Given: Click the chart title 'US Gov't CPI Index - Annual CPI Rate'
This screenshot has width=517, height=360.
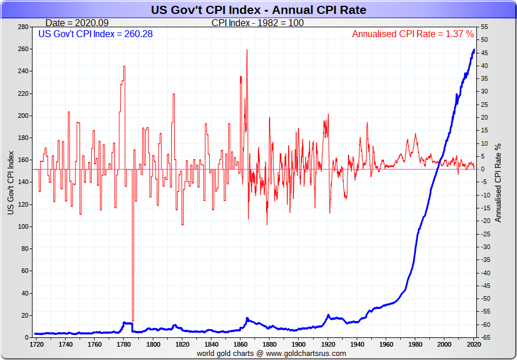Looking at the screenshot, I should pos(258,10).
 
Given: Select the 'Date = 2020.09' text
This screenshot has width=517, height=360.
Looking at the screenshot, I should pos(76,23).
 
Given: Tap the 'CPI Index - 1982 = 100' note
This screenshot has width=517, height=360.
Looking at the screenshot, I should pos(257,23).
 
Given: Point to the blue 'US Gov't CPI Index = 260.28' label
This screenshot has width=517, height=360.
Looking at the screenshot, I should pos(95,34).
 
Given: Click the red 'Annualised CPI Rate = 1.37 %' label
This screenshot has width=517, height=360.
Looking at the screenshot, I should pos(412,34).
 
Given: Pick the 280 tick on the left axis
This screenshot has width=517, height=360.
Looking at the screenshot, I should pos(23,27).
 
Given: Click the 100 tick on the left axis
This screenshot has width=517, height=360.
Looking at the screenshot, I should pos(23,226).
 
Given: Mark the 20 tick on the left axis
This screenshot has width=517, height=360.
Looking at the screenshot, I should pos(24,315).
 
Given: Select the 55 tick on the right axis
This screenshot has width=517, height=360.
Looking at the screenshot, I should pos(484,27).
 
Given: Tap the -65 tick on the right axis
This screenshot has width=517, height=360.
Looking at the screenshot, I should pos(483,337).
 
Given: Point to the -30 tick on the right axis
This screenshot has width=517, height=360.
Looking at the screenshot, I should pos(483,247).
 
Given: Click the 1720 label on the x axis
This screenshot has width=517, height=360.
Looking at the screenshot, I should pos(37,344).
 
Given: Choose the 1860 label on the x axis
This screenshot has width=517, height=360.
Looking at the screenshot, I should pos(240,344).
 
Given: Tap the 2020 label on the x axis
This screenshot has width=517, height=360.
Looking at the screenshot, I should pos(473,344).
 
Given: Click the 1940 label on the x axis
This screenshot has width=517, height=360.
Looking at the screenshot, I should pos(356,344).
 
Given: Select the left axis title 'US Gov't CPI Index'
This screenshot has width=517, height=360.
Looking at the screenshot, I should pos(10,182).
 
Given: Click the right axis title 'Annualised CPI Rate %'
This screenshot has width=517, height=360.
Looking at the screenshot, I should pos(498,182).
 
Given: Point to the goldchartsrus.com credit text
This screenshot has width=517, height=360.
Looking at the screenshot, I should pos(271,353).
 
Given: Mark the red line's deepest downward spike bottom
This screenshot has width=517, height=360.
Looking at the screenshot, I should pos(133,321).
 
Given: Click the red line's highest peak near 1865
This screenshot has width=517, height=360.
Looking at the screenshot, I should pos(247,50).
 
